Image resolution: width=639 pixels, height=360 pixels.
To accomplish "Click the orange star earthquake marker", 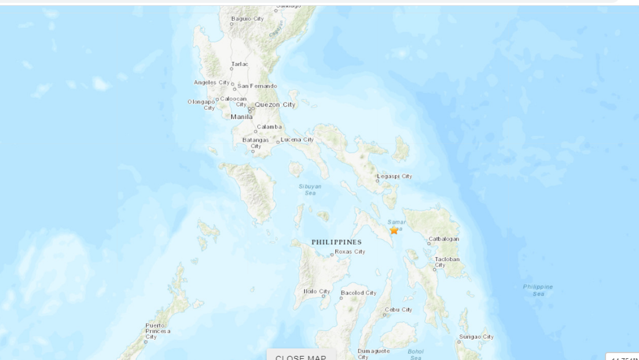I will [x=394, y=230].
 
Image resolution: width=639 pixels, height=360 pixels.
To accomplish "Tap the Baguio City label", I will [x=247, y=19].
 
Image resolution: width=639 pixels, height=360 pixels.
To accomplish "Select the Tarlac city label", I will [x=240, y=64].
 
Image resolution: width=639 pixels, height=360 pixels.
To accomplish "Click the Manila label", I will [x=242, y=117].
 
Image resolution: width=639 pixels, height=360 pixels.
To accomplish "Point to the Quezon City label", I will [x=275, y=105].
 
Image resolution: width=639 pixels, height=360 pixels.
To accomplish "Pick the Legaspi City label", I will [x=395, y=176].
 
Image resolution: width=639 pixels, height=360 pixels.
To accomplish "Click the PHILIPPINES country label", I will [x=336, y=243].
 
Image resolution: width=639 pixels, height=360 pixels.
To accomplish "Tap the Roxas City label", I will [x=350, y=252].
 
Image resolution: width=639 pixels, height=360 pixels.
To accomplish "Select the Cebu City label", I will [x=399, y=310].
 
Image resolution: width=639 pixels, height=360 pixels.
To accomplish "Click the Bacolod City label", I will [x=358, y=293].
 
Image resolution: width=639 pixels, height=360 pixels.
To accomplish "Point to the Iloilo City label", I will [x=317, y=291].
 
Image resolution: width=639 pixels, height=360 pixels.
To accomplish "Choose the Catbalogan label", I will [x=443, y=239].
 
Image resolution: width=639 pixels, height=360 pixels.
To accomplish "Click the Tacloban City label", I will [x=446, y=262].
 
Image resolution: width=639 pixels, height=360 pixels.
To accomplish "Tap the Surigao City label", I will [x=476, y=337].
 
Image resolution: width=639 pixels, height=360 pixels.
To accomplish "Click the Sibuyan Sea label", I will [x=310, y=189].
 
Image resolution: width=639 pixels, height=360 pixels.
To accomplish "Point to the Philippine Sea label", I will [x=538, y=290].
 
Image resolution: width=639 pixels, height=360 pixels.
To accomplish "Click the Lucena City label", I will [x=298, y=139].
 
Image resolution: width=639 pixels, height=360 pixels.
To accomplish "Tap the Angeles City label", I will [x=212, y=82].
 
